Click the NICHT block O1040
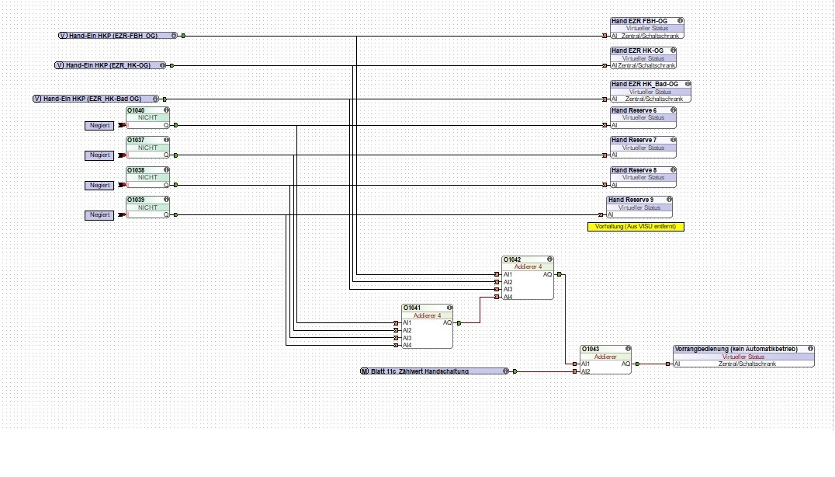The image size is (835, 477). click(147, 118)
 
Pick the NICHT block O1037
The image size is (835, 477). click(147, 148)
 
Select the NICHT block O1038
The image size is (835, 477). click(147, 177)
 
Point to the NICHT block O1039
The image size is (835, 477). click(147, 207)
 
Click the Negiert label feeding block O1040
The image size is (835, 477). click(99, 125)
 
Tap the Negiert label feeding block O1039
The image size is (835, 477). click(99, 215)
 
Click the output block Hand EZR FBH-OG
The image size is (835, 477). click(646, 28)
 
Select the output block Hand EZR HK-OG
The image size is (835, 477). click(643, 58)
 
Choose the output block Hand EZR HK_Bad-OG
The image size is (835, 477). click(650, 92)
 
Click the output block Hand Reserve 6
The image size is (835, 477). click(643, 117)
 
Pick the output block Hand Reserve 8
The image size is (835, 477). click(643, 177)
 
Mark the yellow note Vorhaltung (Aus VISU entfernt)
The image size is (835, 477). click(636, 226)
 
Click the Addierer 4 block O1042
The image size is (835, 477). click(528, 277)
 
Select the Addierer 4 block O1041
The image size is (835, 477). click(428, 326)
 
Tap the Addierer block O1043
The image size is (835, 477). click(605, 360)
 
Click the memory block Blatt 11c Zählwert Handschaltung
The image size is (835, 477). click(435, 371)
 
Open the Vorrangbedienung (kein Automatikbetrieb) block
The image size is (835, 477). click(743, 357)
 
